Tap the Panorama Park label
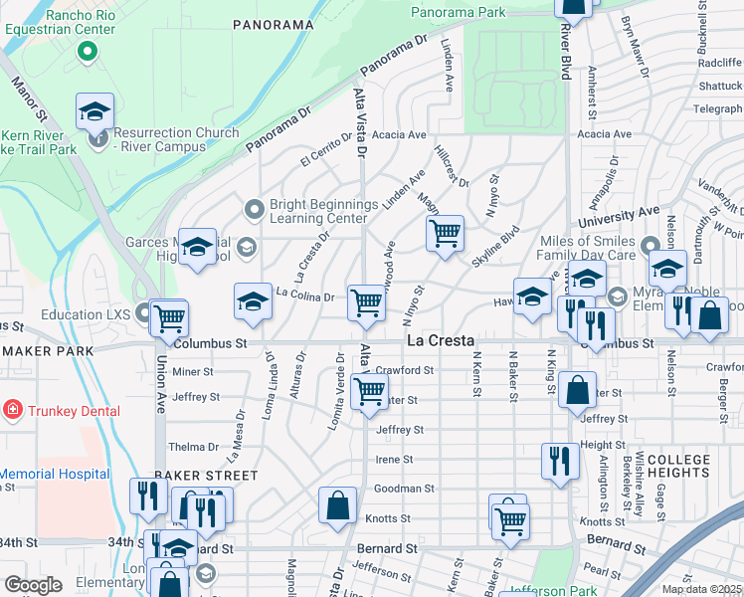pyautogui.click(x=458, y=13)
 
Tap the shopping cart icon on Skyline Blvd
pyautogui.click(x=445, y=235)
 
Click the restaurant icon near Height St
pyautogui.click(x=560, y=460)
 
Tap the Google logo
pyautogui.click(x=33, y=585)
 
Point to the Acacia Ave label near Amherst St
pyautogui.click(x=604, y=134)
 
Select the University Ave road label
pyautogui.click(x=626, y=214)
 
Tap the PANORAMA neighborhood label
pyautogui.click(x=273, y=23)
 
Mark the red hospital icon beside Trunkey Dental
pyautogui.click(x=11, y=410)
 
